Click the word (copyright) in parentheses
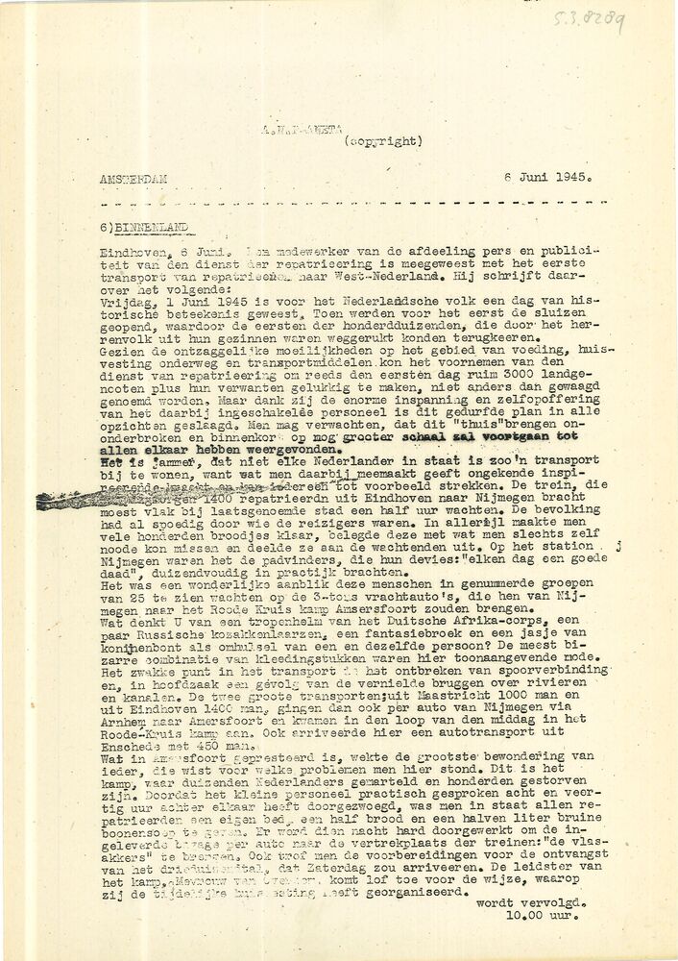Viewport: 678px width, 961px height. click(382, 141)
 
